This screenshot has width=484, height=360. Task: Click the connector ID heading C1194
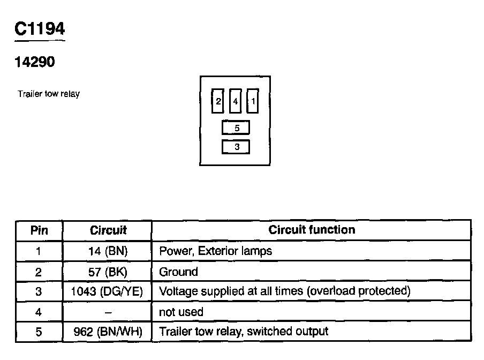click(40, 29)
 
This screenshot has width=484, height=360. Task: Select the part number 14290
click(35, 62)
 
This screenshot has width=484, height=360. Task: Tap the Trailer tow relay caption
click(49, 94)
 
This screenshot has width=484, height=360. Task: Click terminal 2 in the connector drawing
click(218, 101)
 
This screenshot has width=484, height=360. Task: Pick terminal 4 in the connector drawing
click(235, 101)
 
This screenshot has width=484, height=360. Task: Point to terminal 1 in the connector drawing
click(253, 101)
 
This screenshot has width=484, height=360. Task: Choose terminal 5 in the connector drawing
click(236, 128)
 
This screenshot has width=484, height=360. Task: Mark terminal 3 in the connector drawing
click(236, 146)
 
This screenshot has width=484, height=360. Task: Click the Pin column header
click(39, 230)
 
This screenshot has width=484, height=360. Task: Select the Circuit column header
click(108, 230)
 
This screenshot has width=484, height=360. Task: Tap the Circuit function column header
click(312, 230)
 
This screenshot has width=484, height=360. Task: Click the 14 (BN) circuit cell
click(108, 251)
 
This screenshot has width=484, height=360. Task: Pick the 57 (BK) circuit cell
click(108, 272)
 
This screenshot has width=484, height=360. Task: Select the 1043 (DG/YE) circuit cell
click(107, 291)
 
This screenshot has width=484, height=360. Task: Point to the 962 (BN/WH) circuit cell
click(108, 332)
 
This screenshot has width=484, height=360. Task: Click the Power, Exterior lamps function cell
click(215, 251)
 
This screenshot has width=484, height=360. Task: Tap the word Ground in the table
click(178, 272)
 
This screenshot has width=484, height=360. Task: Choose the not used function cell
click(181, 312)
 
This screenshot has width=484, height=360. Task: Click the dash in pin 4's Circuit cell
click(108, 312)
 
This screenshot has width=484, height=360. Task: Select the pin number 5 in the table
click(39, 332)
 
